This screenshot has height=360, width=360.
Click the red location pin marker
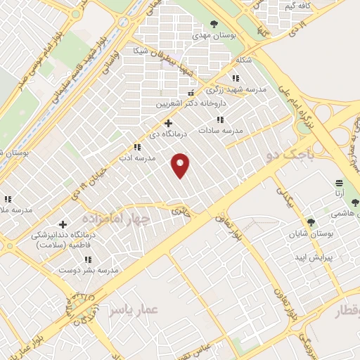[181, 165]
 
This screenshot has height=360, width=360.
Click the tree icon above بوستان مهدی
[214, 24]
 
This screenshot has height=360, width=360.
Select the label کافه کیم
[298, 6]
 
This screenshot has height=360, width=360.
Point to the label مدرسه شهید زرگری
[233, 89]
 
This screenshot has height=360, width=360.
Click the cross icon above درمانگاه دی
[167, 123]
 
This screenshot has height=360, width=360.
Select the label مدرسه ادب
[136, 158]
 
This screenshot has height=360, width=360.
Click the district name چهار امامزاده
[115, 220]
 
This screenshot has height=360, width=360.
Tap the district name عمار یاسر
[134, 309]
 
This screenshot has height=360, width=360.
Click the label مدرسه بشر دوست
[88, 270]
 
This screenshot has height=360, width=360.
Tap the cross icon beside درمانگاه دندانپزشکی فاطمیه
[63, 224]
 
